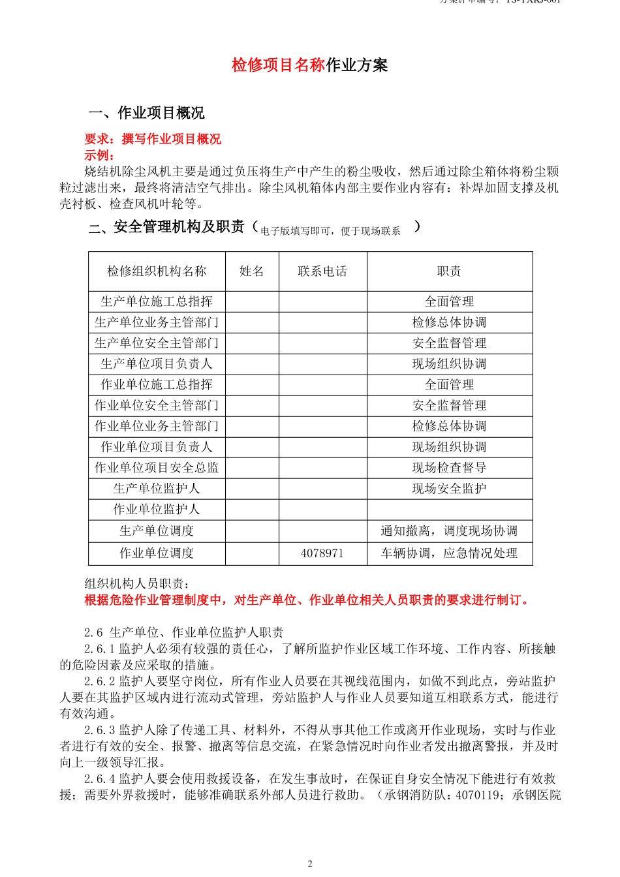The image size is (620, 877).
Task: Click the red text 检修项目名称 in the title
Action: coord(278,65)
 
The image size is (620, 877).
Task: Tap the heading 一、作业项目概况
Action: coord(147,113)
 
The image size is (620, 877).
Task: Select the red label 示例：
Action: coord(99,155)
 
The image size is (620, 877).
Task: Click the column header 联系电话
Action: coord(322,271)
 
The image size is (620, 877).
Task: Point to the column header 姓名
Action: coord(252,271)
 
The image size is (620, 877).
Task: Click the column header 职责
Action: coord(449,271)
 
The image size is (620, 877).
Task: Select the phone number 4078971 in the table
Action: coord(322,553)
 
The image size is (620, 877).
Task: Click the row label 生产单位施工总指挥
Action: coord(157,301)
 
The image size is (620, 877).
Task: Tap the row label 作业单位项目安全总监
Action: coord(157,468)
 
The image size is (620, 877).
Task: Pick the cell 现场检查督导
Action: coord(449,468)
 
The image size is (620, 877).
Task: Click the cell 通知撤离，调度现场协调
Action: coord(449,531)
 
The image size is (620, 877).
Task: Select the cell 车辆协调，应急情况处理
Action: coord(449,553)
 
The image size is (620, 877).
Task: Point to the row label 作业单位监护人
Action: coord(157,510)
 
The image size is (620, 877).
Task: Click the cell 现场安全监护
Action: coord(449,489)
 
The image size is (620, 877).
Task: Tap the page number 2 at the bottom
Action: coord(310,863)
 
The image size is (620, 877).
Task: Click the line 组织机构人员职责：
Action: coord(137,584)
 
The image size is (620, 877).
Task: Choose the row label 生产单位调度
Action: coord(157,531)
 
